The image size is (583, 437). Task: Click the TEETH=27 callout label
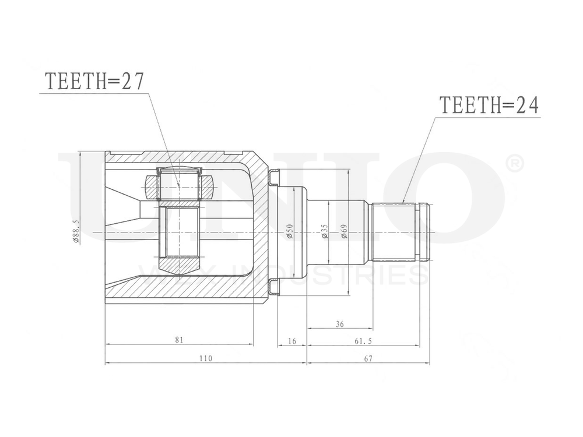(94, 82)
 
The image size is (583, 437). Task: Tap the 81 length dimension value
(179, 339)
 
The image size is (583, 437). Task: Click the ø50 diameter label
(290, 232)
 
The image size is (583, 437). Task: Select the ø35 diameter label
(325, 232)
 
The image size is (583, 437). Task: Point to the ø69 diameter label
(344, 232)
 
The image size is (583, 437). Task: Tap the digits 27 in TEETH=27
(132, 82)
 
